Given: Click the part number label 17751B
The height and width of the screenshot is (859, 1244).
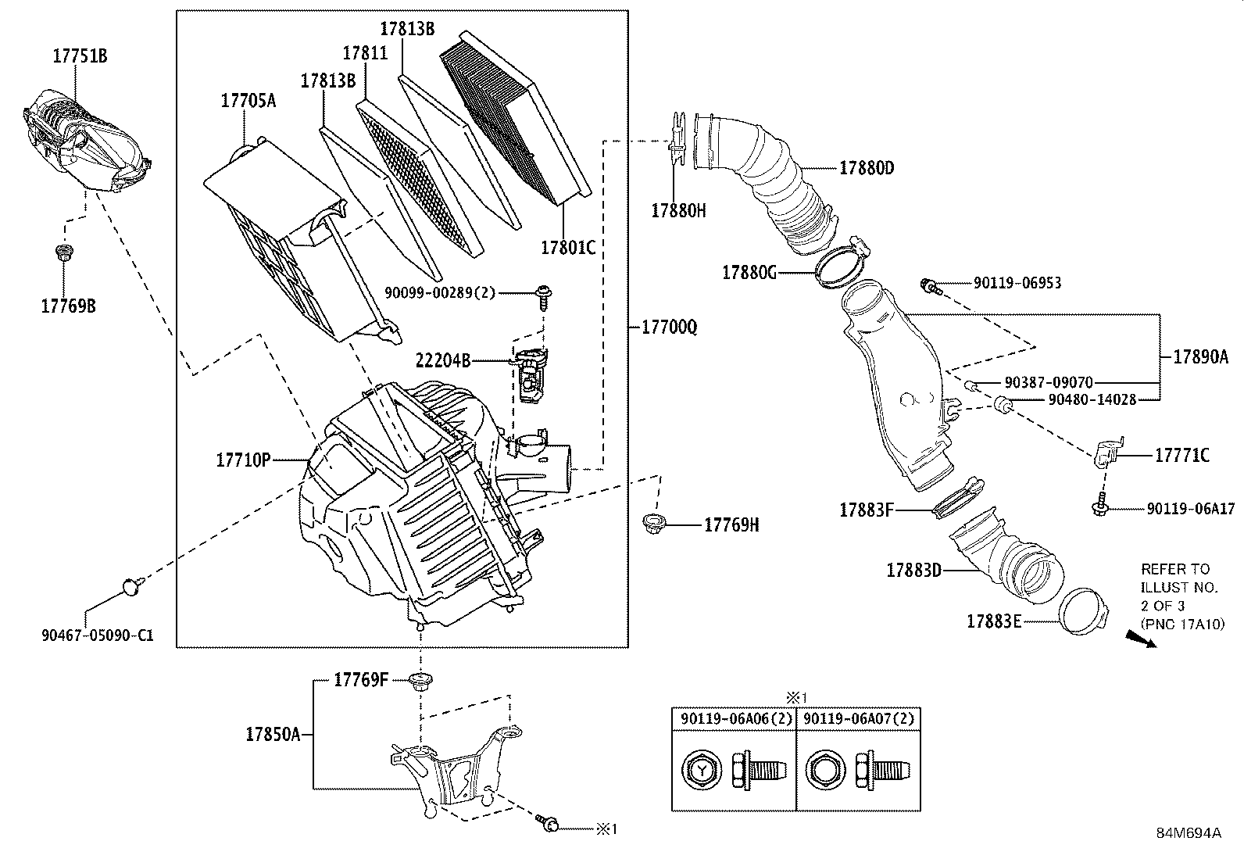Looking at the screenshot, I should click(80, 55).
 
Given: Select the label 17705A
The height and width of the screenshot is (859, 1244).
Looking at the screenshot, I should click(248, 100).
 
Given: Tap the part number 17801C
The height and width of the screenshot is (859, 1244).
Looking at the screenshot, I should click(568, 248).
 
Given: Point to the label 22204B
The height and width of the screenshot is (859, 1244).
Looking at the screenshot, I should click(443, 360).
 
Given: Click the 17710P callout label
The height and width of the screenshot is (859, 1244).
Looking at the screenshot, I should click(243, 460).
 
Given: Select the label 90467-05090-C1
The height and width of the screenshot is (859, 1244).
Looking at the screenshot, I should click(97, 635).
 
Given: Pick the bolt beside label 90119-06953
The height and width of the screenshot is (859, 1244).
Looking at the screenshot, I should click(931, 285).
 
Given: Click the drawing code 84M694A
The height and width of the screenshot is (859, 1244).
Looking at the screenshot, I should click(1189, 832).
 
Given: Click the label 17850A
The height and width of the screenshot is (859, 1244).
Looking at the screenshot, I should click(273, 734).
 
